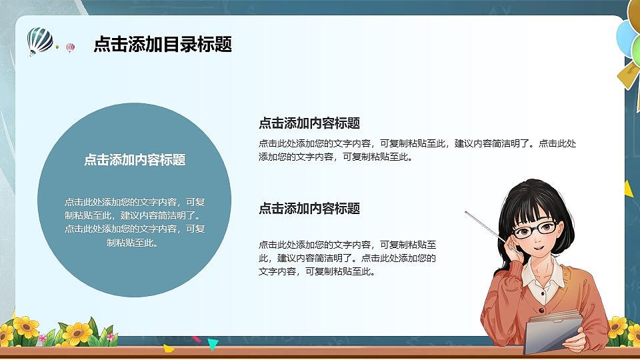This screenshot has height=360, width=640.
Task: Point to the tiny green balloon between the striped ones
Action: [x=57, y=47]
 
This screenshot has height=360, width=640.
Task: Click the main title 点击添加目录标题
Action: [x=163, y=45]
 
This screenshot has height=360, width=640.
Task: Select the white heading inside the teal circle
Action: [x=135, y=160]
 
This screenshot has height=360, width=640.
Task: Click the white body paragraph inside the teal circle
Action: [x=135, y=222]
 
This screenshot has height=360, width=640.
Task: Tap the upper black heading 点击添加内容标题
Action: [x=309, y=123]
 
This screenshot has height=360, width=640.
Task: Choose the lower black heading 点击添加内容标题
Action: [x=309, y=209]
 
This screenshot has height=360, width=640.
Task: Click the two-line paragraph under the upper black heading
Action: [x=417, y=150]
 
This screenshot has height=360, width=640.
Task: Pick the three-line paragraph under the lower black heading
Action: [x=347, y=258]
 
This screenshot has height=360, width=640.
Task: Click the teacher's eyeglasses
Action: [x=533, y=230]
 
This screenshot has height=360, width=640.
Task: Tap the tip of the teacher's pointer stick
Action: [x=467, y=213]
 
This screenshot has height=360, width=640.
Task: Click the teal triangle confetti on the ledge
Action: [x=213, y=344]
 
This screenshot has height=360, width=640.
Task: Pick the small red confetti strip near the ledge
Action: [x=196, y=339]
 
